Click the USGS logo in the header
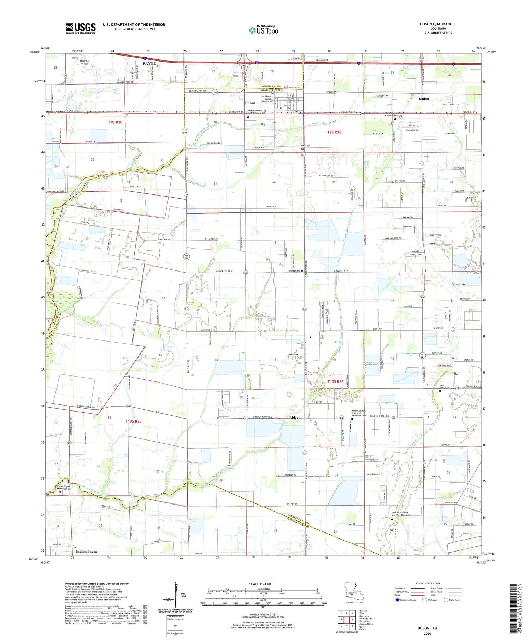[81, 28]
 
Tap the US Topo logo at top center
[263, 30]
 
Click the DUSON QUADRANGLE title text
[438, 24]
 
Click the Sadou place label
[424, 99]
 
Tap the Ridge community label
[294, 418]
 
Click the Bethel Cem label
[294, 271]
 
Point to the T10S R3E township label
[335, 381]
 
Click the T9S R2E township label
[115, 122]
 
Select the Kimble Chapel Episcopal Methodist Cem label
[358, 413]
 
